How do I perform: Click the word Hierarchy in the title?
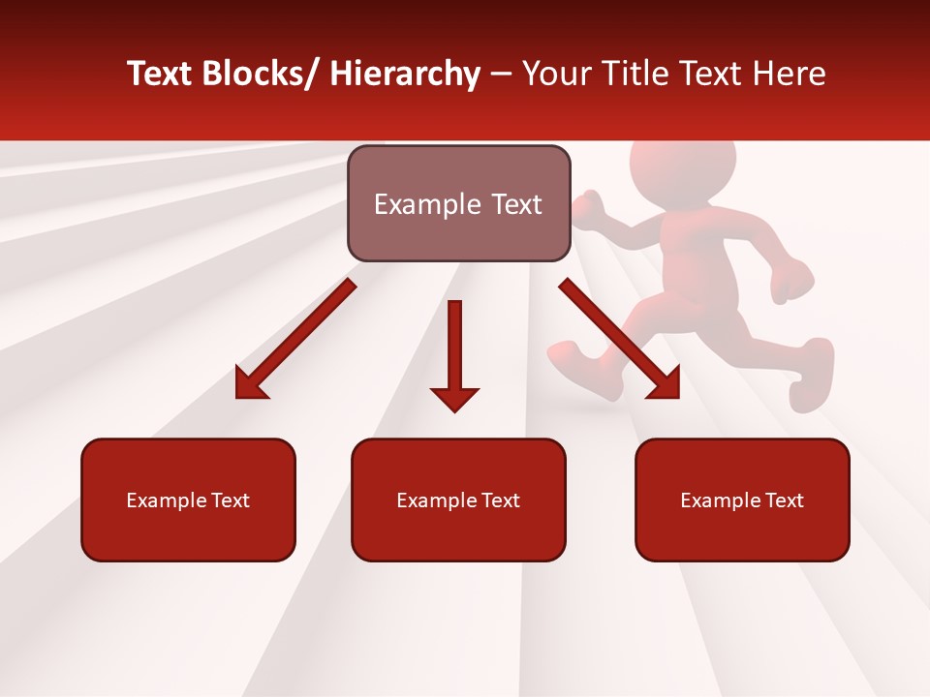pos(404,74)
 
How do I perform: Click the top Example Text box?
pos(458,203)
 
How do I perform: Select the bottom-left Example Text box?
pos(188,500)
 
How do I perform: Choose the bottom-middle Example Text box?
pos(458,500)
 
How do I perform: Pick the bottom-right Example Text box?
pos(742,500)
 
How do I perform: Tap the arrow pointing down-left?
pos(296,338)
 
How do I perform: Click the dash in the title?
pos(501,74)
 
